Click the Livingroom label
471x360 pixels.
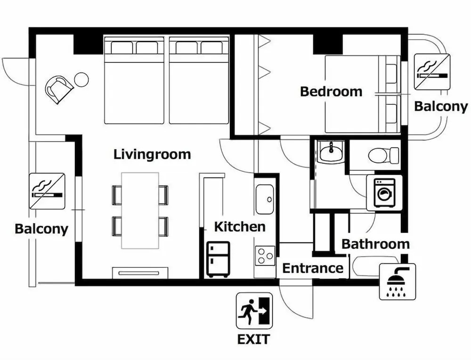tap(152, 155)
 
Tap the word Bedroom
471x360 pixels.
tap(331, 91)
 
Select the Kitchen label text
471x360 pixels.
tap(240, 227)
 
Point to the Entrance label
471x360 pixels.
tap(313, 268)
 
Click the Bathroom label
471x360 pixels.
tap(375, 244)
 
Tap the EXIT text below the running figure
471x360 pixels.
tap(253, 339)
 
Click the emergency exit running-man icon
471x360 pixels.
tap(254, 311)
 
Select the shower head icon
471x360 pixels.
tap(398, 282)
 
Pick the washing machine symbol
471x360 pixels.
tap(384, 193)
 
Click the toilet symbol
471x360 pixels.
tap(383, 155)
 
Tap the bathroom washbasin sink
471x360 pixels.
tap(331, 151)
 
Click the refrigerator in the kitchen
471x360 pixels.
tap(218, 259)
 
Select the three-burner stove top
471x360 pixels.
tap(265, 256)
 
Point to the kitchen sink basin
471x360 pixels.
tap(265, 199)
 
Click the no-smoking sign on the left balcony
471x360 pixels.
tap(48, 191)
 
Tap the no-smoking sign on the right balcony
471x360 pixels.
tap(432, 72)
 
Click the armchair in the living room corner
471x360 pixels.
tap(59, 89)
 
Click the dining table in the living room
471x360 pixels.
tap(140, 210)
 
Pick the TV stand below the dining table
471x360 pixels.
tap(140, 272)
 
